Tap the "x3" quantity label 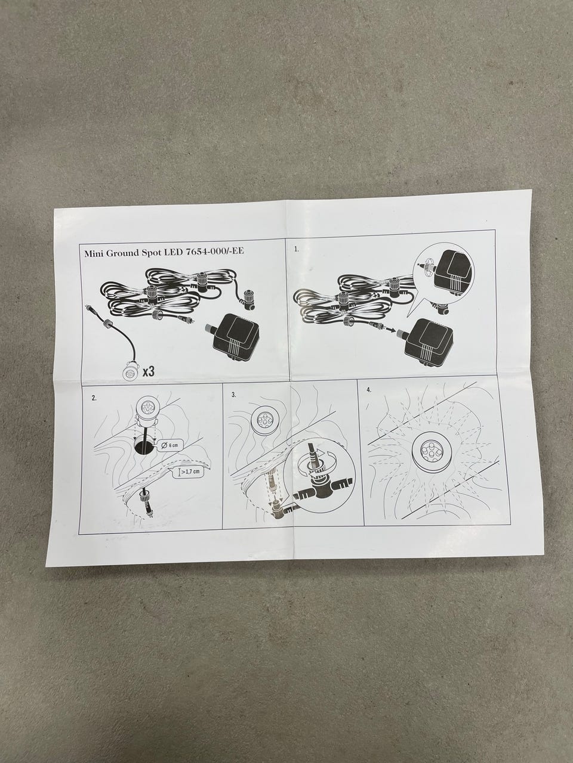[x=148, y=371]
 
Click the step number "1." [x=297, y=249]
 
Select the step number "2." [x=94, y=399]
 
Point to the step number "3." [x=234, y=395]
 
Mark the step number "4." [x=369, y=390]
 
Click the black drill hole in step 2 [x=144, y=448]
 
